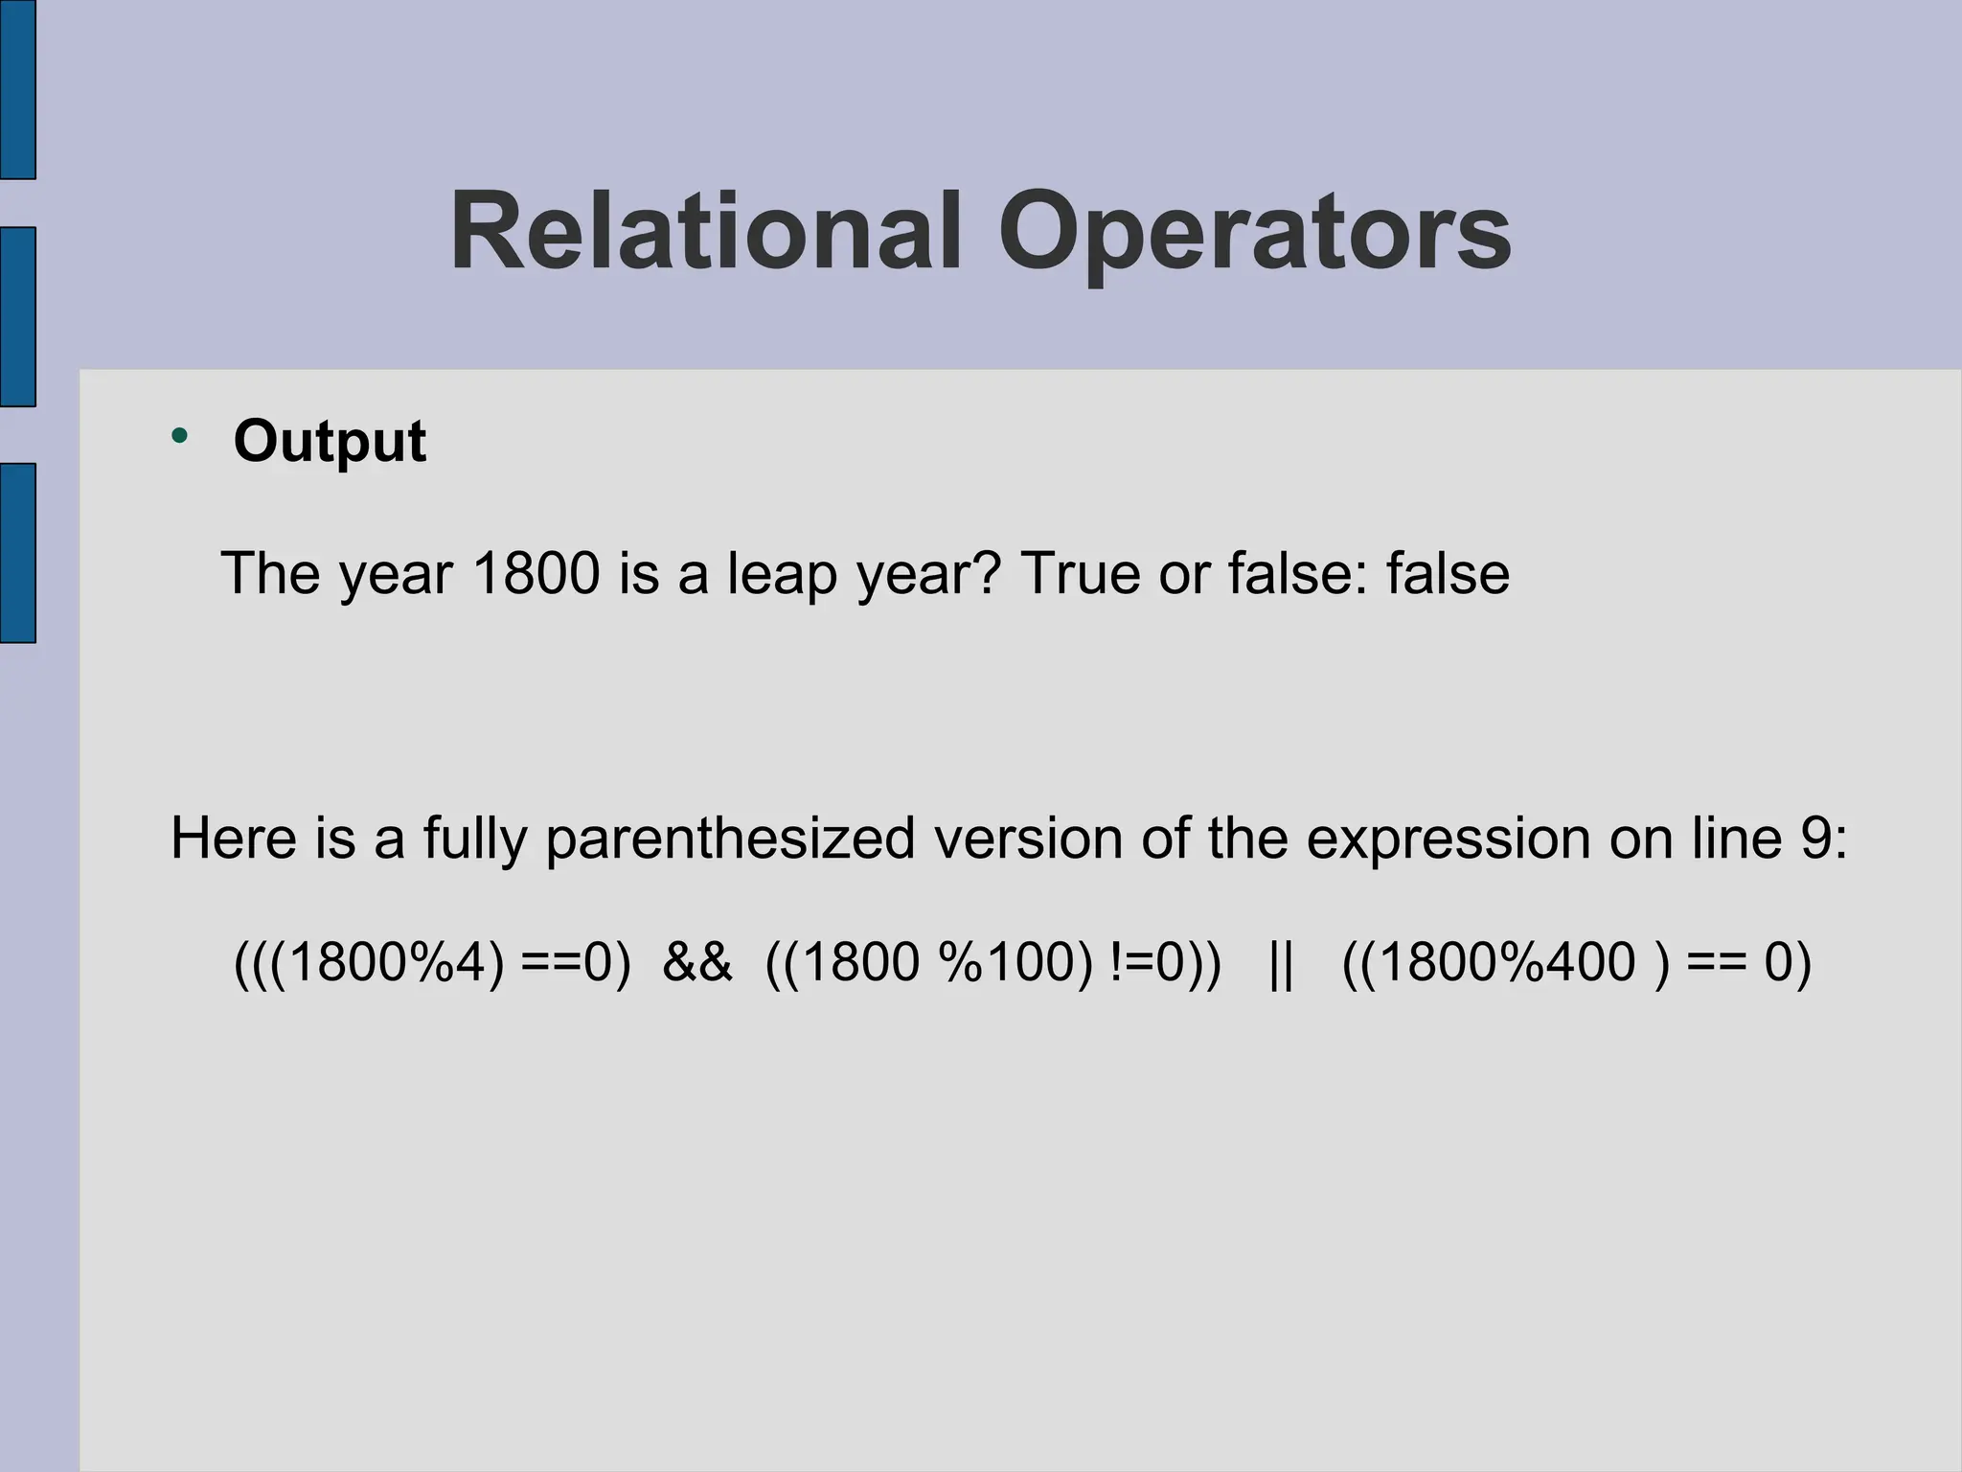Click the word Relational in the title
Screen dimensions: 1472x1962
705,233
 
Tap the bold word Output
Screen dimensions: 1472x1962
330,441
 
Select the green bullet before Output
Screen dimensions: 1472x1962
179,437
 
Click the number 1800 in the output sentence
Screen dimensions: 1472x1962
536,573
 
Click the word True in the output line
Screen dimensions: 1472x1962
1081,573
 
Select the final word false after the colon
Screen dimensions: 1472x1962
1448,573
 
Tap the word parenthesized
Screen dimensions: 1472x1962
731,839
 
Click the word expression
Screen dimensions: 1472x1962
1448,839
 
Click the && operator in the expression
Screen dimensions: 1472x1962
696,962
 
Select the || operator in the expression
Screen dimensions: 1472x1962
1281,963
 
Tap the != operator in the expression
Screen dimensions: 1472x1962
1130,962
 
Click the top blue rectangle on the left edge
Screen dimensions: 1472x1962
17,89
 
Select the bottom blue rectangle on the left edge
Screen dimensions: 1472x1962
17,553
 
